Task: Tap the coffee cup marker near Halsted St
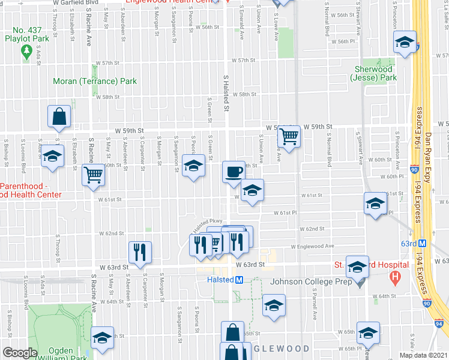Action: click(x=234, y=171)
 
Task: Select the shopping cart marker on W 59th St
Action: click(x=289, y=137)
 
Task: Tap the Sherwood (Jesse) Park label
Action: click(x=375, y=73)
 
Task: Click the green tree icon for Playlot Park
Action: click(x=26, y=53)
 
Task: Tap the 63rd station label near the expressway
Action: click(x=409, y=243)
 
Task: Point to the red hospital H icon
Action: click(x=394, y=277)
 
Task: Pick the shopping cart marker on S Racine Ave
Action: click(x=93, y=175)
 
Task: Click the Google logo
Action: click(x=20, y=353)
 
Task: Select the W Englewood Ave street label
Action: click(x=312, y=246)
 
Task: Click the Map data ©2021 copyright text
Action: click(x=423, y=355)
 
